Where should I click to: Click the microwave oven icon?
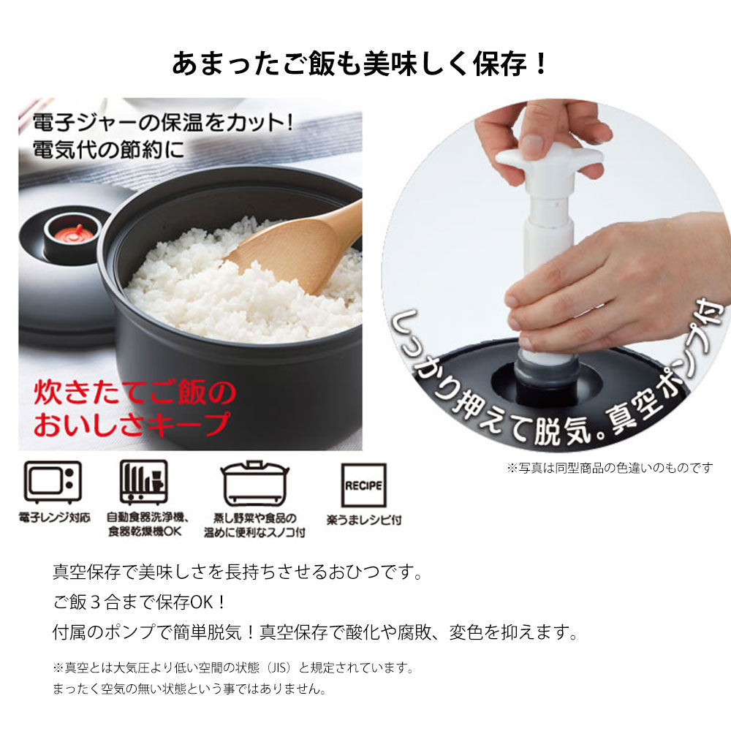pos(53,482)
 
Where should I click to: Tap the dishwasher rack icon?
pos(143,482)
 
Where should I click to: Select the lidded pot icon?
pos(254,483)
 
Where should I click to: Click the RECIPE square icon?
pos(363,485)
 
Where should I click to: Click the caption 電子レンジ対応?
pos(55,518)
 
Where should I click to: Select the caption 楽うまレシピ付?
pos(363,520)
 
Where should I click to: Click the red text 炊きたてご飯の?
pos(135,393)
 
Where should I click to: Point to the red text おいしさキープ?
pos(132,424)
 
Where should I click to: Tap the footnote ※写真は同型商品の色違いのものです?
pos(610,468)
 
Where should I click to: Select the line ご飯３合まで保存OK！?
pos(140,602)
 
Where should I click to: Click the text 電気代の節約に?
pos(108,150)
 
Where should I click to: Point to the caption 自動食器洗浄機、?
pos(148,518)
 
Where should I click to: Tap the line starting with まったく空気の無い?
pos(190,689)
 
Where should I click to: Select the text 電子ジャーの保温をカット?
pos(163,123)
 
